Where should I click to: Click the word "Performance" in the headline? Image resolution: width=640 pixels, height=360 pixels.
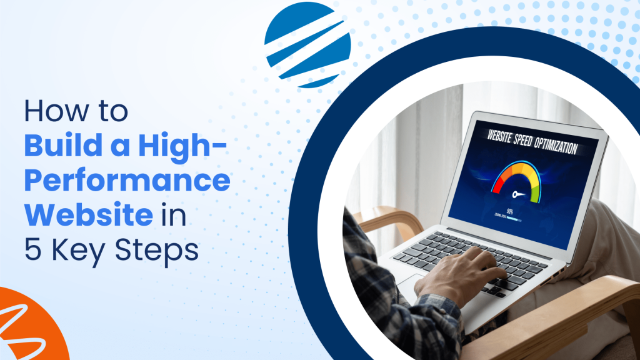pyautogui.click(x=127, y=181)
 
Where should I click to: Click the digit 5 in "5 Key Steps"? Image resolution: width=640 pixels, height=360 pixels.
pyautogui.click(x=31, y=251)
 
